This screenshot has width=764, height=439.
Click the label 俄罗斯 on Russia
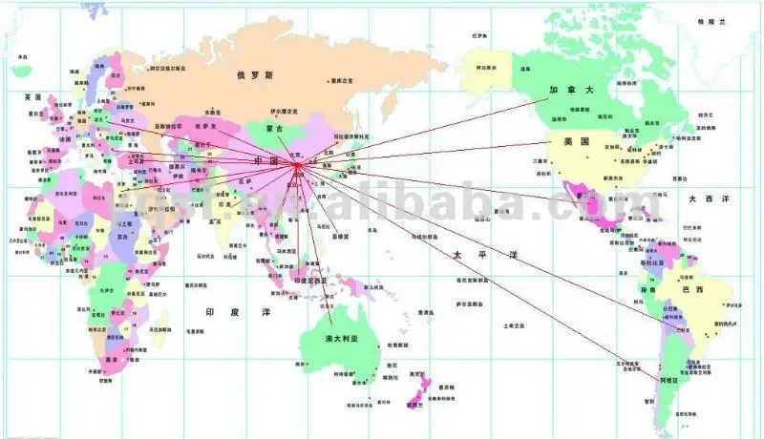[255, 73]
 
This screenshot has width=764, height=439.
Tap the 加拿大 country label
[564, 90]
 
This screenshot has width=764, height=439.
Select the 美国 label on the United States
[574, 141]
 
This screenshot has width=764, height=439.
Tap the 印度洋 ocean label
[224, 312]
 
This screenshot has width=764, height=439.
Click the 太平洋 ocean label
[471, 255]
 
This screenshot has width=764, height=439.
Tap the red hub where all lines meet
[298, 166]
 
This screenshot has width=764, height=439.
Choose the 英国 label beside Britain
[33, 97]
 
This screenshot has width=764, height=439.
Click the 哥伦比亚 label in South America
[651, 260]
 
